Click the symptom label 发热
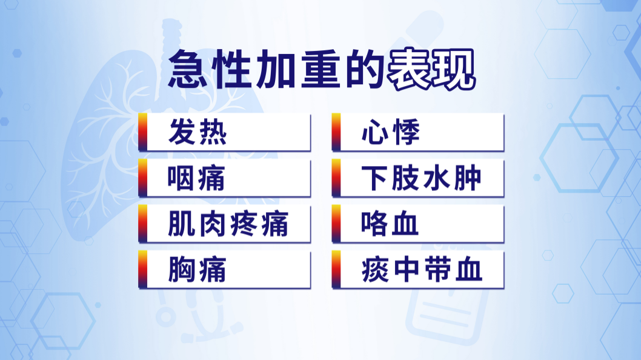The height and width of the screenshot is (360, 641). coord(198,132)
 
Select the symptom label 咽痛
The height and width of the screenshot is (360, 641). coord(196,178)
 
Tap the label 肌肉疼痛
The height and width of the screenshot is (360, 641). coord(228,224)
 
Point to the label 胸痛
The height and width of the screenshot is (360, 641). coord(197,270)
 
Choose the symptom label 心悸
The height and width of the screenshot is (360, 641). coord(391,132)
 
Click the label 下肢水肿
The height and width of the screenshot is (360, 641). coord(422,178)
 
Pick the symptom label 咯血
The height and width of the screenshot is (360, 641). coord(390,224)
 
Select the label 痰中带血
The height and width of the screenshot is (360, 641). coord(422,270)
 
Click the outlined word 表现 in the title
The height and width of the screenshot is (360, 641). coord(431,70)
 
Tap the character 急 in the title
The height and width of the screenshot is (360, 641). coord(188,69)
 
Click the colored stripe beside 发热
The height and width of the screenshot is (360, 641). coord(142,132)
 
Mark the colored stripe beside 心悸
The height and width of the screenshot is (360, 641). coord(336,132)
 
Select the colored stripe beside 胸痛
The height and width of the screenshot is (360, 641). coord(142,270)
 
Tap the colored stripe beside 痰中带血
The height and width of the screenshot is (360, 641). coord(336,270)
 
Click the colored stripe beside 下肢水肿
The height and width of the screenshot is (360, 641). coord(336,178)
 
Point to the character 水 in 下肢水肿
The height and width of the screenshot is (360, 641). coord(437,178)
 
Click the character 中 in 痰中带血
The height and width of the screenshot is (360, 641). coord(407,270)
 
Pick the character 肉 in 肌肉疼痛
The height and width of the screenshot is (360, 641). coord(213,224)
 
